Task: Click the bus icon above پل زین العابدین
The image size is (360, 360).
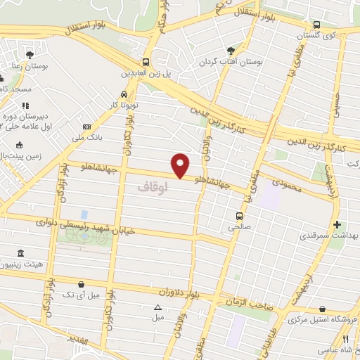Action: tap(146, 62)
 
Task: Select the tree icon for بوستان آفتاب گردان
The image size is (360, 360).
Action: tap(231, 51)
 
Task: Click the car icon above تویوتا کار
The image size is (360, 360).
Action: tap(124, 94)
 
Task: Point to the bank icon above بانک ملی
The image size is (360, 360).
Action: tap(86, 126)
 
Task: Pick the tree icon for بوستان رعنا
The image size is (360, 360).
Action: tap(29, 54)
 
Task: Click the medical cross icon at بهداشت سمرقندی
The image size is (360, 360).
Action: tap(337, 225)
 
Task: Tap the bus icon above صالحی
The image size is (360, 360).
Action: tap(239, 216)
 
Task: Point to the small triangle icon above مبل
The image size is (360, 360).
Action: tap(157, 307)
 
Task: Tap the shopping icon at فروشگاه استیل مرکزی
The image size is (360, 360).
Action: tap(322, 309)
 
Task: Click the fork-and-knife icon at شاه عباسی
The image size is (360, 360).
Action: tap(345, 339)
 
